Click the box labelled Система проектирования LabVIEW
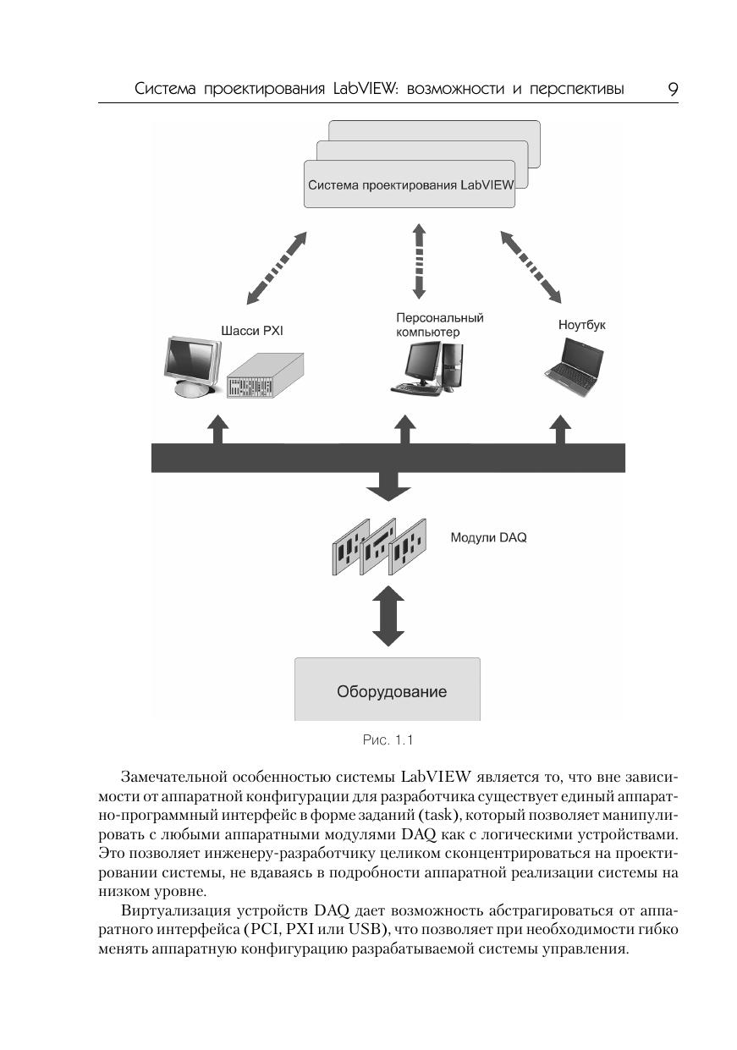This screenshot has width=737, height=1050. pyautogui.click(x=410, y=184)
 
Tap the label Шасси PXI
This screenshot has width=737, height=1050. pyautogui.click(x=251, y=331)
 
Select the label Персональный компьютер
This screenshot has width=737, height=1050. pyautogui.click(x=439, y=325)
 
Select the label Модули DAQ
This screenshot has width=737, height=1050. pyautogui.click(x=488, y=537)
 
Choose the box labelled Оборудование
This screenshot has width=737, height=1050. pyautogui.click(x=388, y=690)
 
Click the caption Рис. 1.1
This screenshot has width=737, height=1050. pyautogui.click(x=388, y=740)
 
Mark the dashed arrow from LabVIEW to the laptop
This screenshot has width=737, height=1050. pyautogui.click(x=531, y=266)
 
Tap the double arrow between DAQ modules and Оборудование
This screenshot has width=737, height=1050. pyautogui.click(x=388, y=618)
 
